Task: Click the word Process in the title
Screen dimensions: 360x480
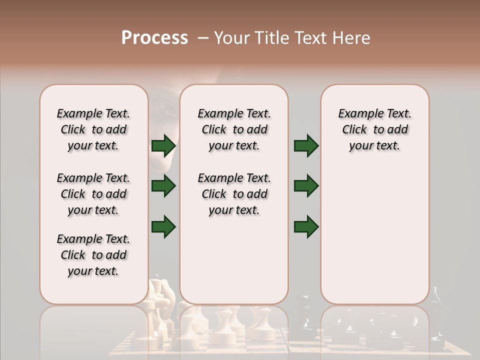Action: click(x=154, y=38)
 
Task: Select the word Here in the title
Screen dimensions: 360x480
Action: click(x=352, y=38)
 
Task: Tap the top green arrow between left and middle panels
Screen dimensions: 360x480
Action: click(x=163, y=146)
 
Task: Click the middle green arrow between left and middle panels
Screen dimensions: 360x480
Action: click(x=163, y=186)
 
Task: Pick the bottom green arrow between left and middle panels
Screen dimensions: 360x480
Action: click(x=163, y=226)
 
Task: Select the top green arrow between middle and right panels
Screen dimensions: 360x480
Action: click(x=306, y=146)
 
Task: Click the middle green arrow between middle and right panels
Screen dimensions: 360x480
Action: click(x=306, y=186)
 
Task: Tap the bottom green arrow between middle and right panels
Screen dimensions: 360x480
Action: click(x=306, y=226)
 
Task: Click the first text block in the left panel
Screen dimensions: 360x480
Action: click(x=93, y=129)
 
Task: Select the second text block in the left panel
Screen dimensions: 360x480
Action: click(x=93, y=194)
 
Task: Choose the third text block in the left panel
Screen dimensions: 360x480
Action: click(x=93, y=255)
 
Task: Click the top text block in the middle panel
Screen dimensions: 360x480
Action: click(x=234, y=129)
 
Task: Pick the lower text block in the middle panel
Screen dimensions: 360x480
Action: click(x=234, y=194)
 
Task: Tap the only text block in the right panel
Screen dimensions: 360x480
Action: click(x=374, y=129)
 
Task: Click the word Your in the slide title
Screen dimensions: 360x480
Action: click(x=231, y=38)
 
